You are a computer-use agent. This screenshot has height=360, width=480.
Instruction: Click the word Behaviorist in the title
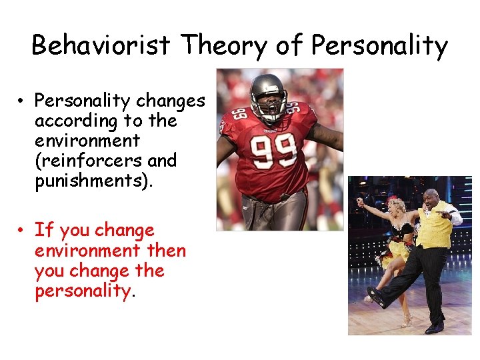click(103, 45)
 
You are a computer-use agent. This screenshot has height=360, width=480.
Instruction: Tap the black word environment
click(87, 141)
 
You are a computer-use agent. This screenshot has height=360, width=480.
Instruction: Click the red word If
click(43, 231)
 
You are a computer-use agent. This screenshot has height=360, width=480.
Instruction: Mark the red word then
click(166, 251)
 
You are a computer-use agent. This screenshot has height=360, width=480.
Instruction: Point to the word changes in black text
click(170, 101)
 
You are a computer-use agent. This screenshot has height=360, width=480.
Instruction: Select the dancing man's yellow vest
click(434, 231)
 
